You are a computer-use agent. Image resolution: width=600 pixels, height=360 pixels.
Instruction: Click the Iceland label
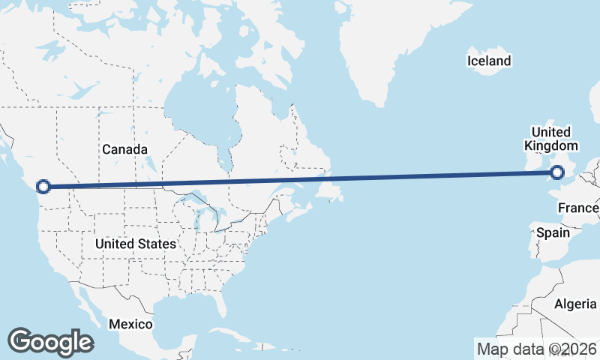(488, 61)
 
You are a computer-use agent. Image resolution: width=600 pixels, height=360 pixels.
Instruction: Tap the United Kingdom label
(551, 139)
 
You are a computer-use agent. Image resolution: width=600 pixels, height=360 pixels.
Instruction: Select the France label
(577, 208)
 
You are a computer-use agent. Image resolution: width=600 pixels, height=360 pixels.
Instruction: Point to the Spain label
(553, 232)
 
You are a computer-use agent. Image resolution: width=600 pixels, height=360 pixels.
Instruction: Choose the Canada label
(124, 149)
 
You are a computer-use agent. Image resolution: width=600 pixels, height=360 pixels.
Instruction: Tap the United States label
(136, 244)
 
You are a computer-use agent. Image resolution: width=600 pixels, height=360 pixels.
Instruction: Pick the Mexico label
(130, 324)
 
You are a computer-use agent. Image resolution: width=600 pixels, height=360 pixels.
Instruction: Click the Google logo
(50, 342)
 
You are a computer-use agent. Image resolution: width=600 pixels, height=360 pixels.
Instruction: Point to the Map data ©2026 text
(536, 349)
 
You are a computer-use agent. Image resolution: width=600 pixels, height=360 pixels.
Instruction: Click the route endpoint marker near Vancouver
(43, 186)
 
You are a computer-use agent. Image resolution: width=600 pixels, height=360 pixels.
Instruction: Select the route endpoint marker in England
(557, 172)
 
